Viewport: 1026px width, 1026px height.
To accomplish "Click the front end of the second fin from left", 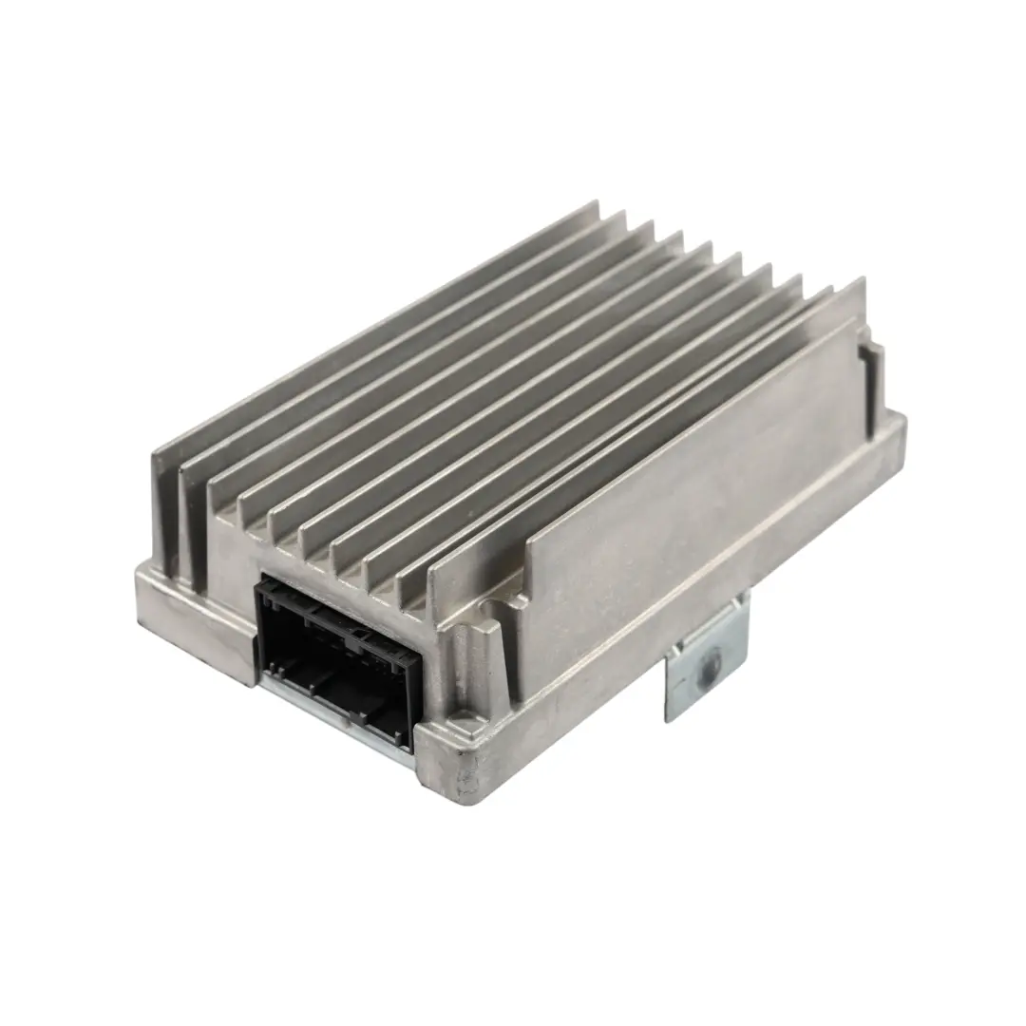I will (195, 518).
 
